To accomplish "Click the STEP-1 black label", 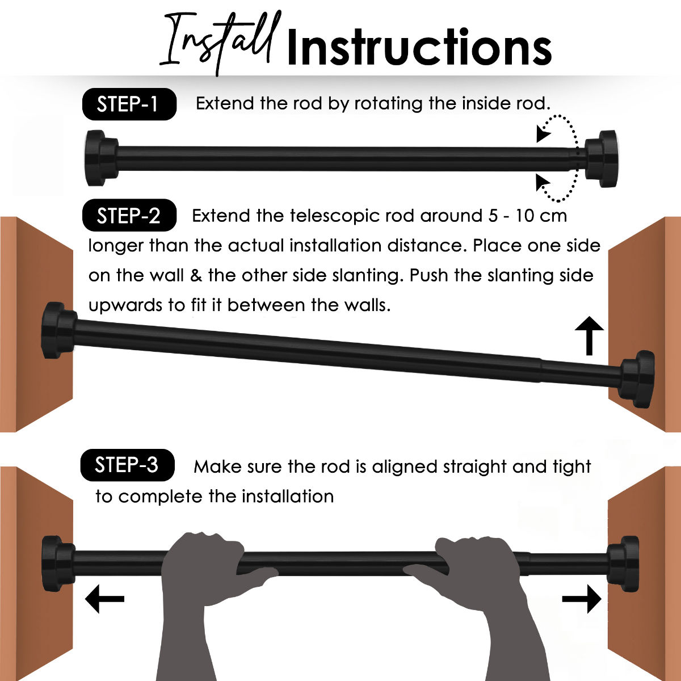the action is pyautogui.click(x=129, y=104).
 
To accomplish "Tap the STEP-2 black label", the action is pyautogui.click(x=129, y=215).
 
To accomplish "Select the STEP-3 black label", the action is pyautogui.click(x=127, y=465).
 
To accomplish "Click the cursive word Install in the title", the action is pyautogui.click(x=220, y=43).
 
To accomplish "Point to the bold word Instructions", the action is pyautogui.click(x=419, y=47).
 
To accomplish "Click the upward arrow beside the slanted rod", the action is pyautogui.click(x=589, y=335).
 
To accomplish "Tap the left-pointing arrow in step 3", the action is pyautogui.click(x=104, y=599).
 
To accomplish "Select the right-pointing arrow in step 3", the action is pyautogui.click(x=581, y=599).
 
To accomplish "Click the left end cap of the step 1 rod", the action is pyautogui.click(x=102, y=158).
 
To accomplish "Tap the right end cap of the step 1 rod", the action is pyautogui.click(x=602, y=158).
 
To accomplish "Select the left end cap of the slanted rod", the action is pyautogui.click(x=59, y=330).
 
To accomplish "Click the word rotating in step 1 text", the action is pyautogui.click(x=388, y=104).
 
